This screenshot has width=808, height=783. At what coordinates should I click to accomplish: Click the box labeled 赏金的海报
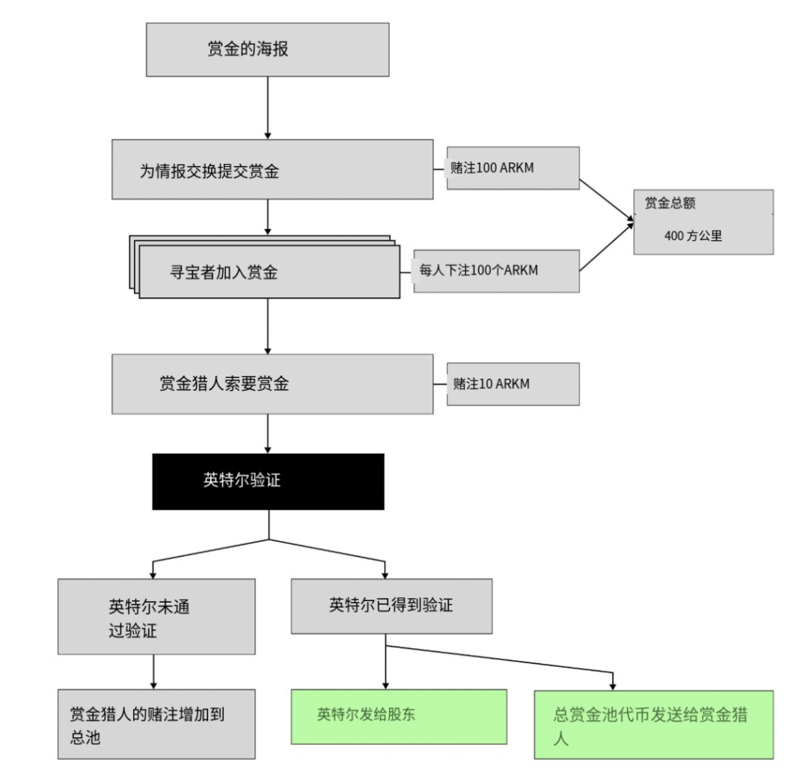pos(267,49)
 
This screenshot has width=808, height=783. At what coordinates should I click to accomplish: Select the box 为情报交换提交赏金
pos(272,168)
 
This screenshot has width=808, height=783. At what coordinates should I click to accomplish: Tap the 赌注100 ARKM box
pos(512,167)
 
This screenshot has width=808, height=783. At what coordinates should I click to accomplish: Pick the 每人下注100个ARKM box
pos(496,270)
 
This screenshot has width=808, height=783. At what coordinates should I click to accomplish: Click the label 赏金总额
pos(670,204)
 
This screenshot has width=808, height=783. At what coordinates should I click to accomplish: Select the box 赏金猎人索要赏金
pos(272,384)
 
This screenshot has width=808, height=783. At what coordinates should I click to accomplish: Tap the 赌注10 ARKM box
pos(512,384)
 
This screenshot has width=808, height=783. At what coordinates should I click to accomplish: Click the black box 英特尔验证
pos(268,481)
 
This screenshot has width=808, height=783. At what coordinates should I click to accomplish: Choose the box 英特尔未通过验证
pos(156,617)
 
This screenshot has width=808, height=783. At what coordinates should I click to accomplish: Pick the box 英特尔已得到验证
pos(391,605)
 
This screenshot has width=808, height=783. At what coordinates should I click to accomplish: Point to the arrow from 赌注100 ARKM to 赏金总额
pos(607,200)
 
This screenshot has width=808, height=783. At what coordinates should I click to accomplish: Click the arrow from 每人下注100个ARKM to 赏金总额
pos(607,246)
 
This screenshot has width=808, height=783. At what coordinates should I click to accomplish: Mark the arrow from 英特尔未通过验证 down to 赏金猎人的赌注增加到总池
pos(153,672)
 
